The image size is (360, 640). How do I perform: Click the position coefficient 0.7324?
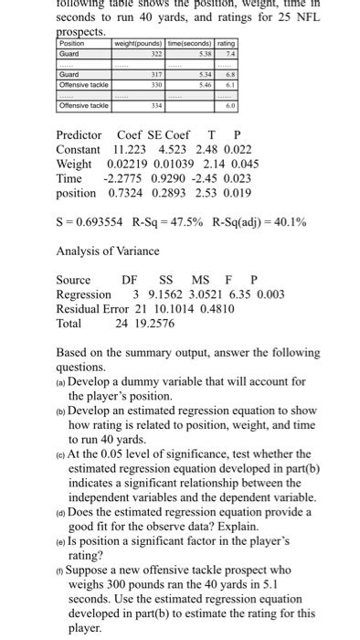tap(126, 193)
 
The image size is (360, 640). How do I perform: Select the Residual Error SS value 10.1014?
tap(167, 309)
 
